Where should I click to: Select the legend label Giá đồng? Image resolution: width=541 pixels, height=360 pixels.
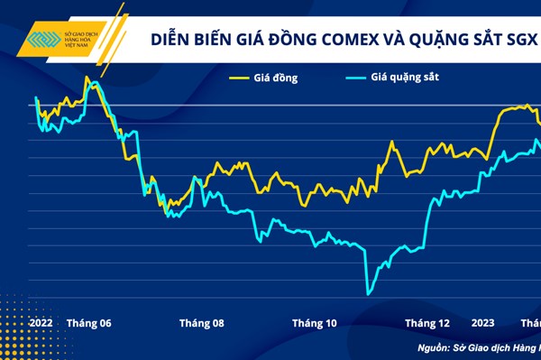pos(276,78)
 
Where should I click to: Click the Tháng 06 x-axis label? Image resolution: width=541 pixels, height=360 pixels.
pos(89,323)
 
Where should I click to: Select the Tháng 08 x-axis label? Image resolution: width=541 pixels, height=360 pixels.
pos(201,323)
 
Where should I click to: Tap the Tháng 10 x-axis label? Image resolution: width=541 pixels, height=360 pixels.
pos(314,323)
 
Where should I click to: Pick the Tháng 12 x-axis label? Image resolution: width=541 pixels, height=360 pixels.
pos(426,323)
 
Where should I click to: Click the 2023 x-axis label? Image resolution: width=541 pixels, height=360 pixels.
pos(482,323)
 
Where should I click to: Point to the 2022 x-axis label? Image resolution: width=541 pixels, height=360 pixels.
pos(41,323)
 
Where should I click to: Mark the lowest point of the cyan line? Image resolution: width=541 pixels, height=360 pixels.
pos(368,293)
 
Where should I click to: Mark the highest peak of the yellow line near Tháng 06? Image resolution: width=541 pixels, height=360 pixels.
pos(87,78)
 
